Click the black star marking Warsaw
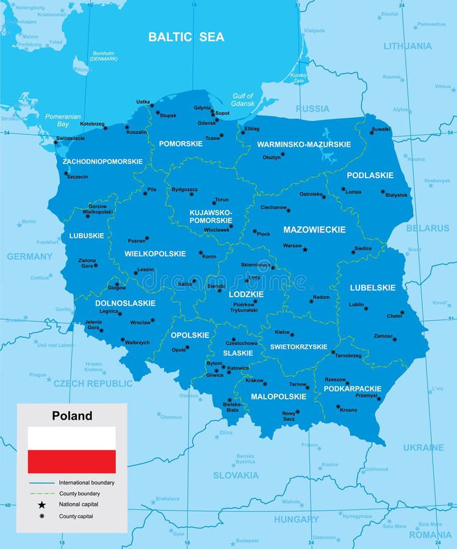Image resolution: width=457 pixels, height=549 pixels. click(x=305, y=249)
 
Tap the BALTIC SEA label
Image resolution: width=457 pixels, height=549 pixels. click(x=186, y=37)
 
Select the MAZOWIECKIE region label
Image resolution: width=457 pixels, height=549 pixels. click(x=314, y=230)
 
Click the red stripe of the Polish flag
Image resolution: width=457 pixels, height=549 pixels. click(x=71, y=462)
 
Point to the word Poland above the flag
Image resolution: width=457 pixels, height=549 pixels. click(x=72, y=416)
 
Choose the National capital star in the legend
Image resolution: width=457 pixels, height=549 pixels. click(x=41, y=504)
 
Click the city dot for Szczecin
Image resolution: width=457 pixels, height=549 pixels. click(x=66, y=173)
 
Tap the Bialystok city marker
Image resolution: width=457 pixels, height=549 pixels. click(x=383, y=192)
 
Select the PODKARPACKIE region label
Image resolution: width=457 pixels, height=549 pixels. click(x=352, y=389)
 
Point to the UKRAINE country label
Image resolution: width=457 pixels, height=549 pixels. click(x=423, y=448)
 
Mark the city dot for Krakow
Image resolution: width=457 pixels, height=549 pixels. click(x=265, y=384)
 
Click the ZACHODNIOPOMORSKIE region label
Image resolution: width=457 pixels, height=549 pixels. click(x=103, y=162)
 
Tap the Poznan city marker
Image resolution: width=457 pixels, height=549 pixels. click(x=146, y=239)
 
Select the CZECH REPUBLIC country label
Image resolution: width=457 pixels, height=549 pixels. click(x=93, y=384)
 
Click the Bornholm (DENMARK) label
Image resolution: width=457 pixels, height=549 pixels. click(x=103, y=56)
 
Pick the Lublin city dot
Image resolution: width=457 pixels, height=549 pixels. click(x=366, y=307)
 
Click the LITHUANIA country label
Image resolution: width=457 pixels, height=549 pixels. click(x=407, y=46)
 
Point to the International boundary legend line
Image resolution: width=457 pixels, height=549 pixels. click(x=41, y=483)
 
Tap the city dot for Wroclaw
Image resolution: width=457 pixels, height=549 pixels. click(x=153, y=319)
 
